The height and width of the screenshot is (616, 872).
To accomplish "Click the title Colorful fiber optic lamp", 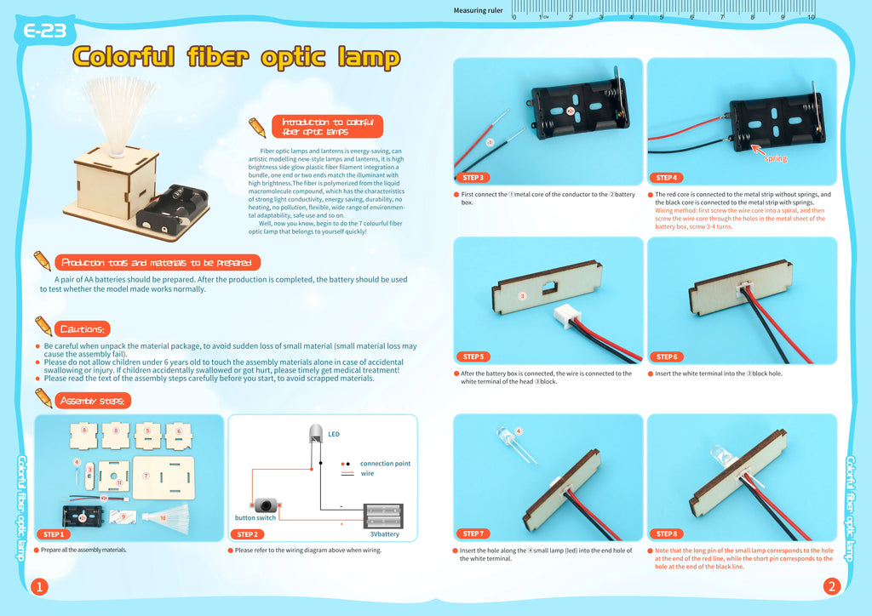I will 236,57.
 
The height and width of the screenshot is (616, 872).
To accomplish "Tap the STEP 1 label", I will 54,534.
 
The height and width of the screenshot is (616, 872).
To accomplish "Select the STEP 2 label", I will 247,534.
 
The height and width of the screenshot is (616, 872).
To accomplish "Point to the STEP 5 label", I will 473,356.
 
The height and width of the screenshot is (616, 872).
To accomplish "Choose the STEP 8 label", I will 667,533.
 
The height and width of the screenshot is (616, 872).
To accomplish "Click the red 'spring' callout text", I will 775,158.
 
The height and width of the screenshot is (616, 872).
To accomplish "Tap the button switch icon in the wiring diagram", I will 260,504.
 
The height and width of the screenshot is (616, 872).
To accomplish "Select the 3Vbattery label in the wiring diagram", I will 384,534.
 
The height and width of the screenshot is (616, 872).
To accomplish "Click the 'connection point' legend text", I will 385,464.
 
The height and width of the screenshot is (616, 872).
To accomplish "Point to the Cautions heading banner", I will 82,329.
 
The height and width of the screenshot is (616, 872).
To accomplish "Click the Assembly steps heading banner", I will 92,401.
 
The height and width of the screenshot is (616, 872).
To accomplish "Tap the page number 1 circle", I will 38,587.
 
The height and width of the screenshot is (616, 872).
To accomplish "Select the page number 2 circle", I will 832,587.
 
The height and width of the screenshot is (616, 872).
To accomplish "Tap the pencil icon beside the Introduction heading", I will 256,128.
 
